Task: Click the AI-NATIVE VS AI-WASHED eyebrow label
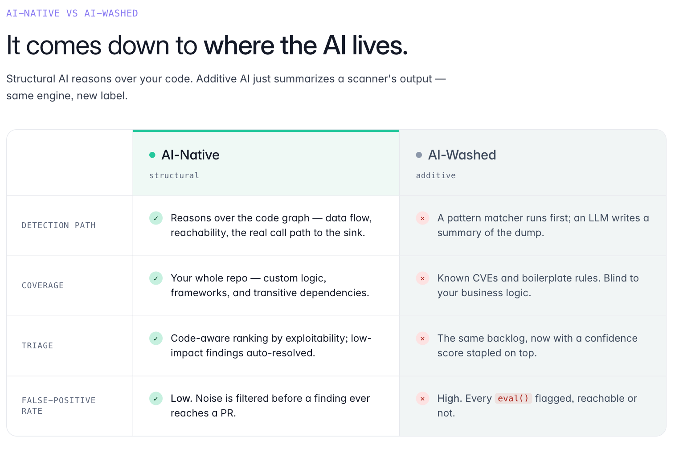[72, 13]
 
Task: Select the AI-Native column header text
[190, 155]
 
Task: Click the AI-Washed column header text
[462, 155]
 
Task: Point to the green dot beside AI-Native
[152, 155]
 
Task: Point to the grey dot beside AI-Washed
[419, 155]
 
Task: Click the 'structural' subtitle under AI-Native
[174, 176]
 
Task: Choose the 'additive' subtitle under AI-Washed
[436, 176]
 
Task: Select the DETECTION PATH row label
[59, 225]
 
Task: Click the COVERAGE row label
[43, 286]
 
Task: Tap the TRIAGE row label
[37, 346]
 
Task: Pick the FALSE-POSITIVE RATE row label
[59, 406]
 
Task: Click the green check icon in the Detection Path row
[156, 218]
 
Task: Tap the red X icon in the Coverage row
[422, 278]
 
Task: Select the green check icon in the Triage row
[156, 339]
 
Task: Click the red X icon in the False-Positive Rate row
[422, 399]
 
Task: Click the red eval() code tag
[513, 398]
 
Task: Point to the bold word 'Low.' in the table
[181, 398]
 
